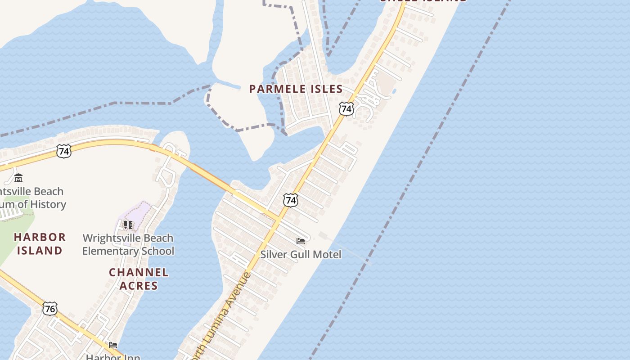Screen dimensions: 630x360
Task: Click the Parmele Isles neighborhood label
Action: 296,89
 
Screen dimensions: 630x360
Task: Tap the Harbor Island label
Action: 40,243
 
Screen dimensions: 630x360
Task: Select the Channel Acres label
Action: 139,279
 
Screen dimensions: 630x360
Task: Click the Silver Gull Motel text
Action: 301,254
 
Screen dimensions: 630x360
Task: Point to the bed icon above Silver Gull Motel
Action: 301,241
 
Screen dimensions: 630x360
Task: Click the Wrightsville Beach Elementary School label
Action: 128,244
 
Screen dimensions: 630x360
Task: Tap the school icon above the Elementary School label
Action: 128,225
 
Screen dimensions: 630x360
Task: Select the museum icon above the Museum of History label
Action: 18,178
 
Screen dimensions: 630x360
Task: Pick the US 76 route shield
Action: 50,309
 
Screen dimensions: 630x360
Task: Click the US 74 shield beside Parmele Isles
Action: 346,108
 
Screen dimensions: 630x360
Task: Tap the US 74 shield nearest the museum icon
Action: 64,151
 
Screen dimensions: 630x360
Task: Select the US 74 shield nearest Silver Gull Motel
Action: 291,200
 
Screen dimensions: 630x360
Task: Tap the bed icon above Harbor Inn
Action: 113,345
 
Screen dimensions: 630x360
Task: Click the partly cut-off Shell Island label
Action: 423,1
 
